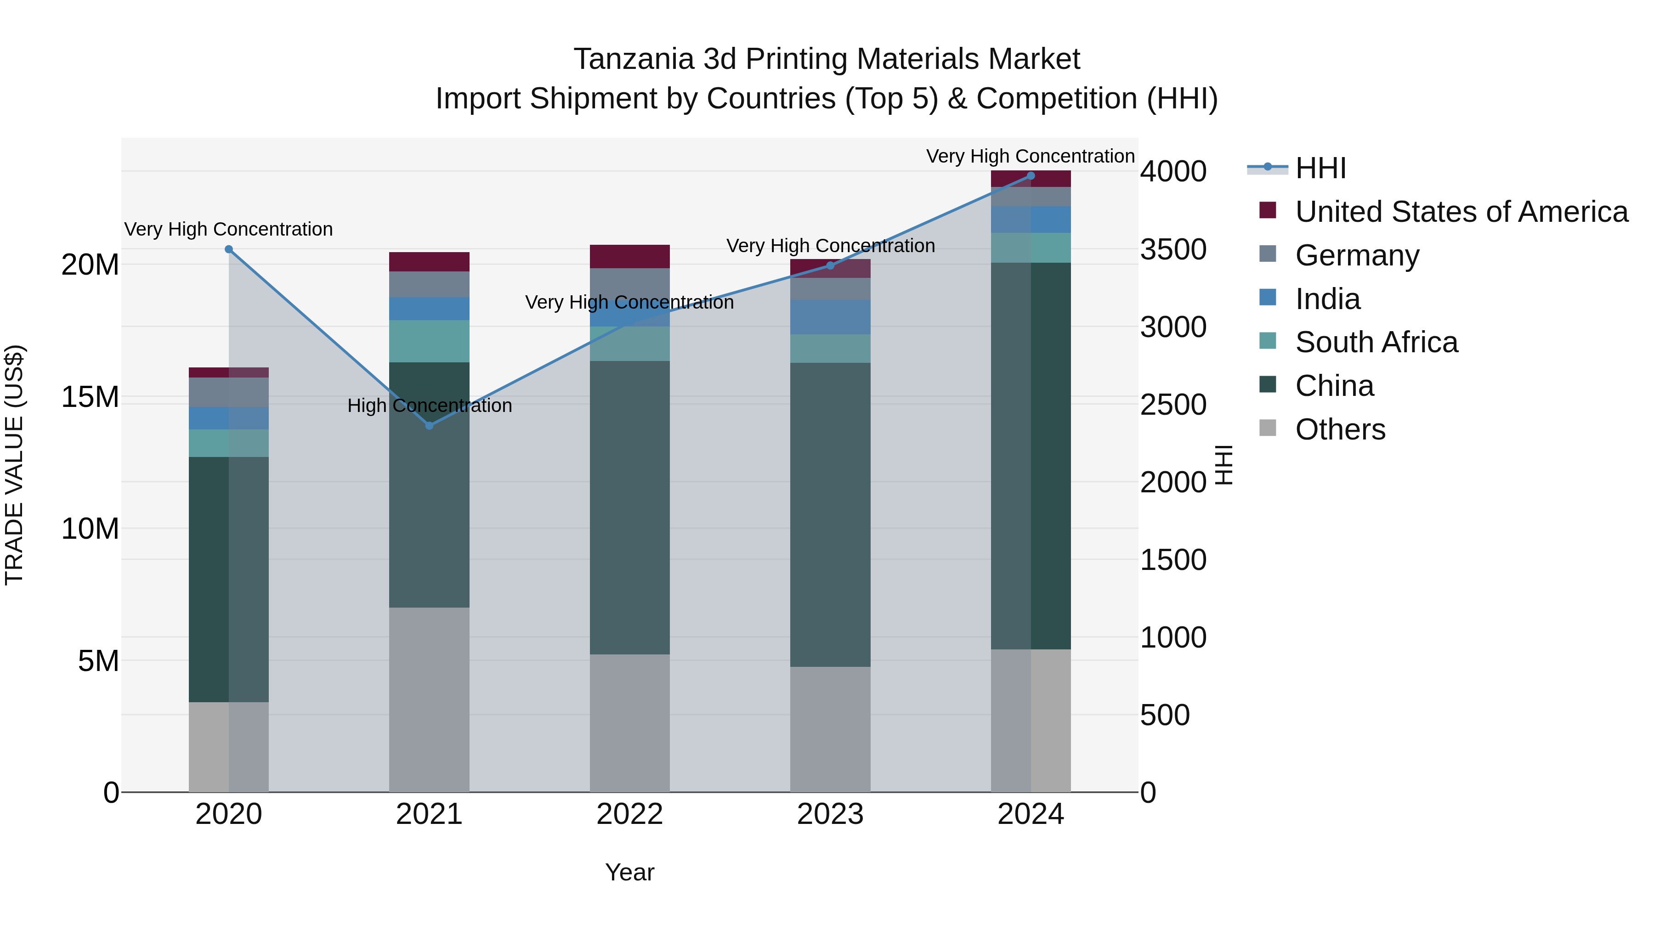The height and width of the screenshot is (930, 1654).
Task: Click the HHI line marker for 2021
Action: tap(430, 426)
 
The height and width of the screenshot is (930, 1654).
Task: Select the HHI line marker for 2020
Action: tap(229, 249)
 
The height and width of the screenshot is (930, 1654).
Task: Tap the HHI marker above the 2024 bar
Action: tap(1031, 176)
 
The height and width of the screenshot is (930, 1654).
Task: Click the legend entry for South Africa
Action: tap(1376, 342)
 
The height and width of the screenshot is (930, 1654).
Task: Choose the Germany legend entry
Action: tap(1357, 255)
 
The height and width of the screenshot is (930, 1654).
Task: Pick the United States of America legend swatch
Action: tap(1268, 210)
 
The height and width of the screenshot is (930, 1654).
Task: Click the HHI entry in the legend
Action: tap(1320, 168)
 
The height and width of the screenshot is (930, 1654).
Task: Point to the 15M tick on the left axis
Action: tap(90, 397)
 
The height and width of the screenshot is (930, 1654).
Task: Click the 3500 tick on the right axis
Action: tap(1173, 250)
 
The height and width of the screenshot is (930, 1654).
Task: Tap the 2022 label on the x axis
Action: tap(629, 814)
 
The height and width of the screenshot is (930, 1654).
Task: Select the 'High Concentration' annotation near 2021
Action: tap(430, 406)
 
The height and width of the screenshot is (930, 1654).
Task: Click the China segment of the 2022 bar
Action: tap(629, 507)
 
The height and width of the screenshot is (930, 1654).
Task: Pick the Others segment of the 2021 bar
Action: tap(429, 699)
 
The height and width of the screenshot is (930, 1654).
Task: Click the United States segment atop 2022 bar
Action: tap(629, 256)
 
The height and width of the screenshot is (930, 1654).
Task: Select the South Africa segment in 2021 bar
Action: tap(429, 341)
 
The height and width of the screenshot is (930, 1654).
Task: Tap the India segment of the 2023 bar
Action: tap(830, 317)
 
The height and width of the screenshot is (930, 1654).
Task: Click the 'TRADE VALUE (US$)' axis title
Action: tap(14, 465)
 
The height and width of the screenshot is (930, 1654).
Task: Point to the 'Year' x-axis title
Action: tap(629, 872)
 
